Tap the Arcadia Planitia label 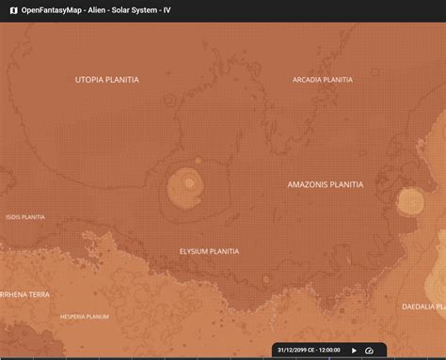coord(323,80)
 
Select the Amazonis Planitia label coord(325,185)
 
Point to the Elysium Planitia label coord(209,252)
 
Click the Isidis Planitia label coord(25,217)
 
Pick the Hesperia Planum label coord(85,317)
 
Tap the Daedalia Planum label coord(423,306)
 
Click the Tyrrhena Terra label coord(24,294)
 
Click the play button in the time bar coord(355,350)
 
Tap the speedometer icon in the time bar coord(370,350)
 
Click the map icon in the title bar coord(13,11)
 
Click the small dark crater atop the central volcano coord(188,181)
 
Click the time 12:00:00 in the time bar coord(329,350)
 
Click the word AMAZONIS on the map coord(308,185)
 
